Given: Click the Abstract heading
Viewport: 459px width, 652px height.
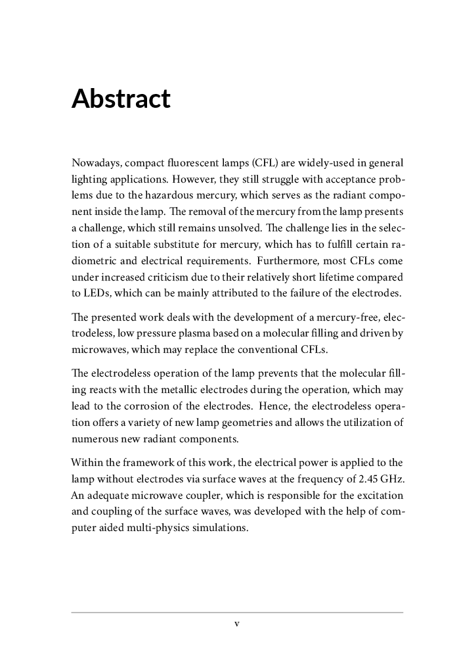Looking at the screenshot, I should [x=121, y=99].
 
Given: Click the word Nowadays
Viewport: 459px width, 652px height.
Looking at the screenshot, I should [x=95, y=162].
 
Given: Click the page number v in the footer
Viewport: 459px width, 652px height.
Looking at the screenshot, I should [x=237, y=624].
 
